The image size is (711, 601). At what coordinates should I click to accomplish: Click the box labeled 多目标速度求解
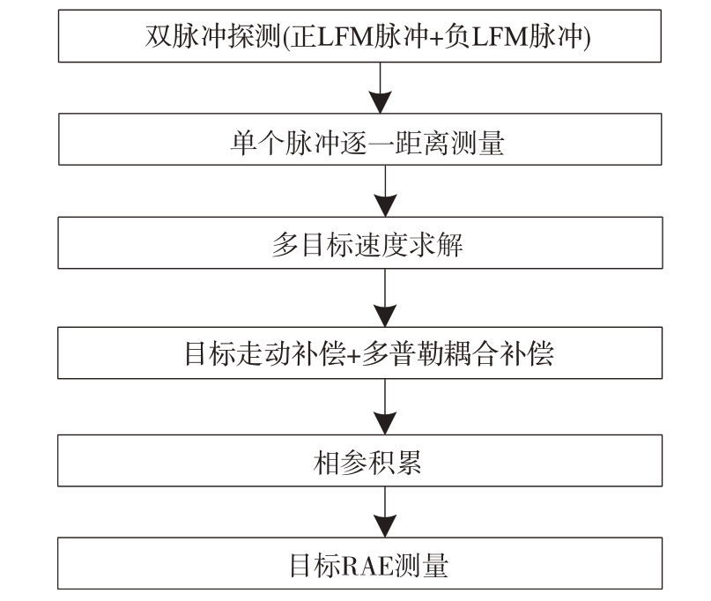(x=360, y=242)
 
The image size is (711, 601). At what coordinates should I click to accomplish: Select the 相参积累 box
(x=359, y=460)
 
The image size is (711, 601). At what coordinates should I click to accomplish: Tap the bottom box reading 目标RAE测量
(x=359, y=563)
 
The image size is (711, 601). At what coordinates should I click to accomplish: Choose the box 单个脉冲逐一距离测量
(x=360, y=139)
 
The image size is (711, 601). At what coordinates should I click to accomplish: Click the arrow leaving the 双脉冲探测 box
(x=380, y=87)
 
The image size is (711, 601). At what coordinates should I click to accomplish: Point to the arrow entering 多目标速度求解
(x=385, y=191)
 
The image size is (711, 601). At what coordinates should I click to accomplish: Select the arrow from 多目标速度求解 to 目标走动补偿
(x=385, y=298)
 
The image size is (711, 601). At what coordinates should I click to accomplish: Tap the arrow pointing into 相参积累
(x=385, y=406)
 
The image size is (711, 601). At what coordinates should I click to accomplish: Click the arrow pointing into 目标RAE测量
(x=385, y=512)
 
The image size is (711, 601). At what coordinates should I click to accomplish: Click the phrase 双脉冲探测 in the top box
(x=213, y=36)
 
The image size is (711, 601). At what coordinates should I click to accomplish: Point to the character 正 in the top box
(x=303, y=36)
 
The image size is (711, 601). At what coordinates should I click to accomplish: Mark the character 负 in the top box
(x=456, y=36)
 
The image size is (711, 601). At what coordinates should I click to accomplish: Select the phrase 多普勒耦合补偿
(x=457, y=353)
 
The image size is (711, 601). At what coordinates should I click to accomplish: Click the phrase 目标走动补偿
(x=265, y=353)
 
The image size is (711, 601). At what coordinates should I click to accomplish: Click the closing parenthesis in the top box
(x=587, y=37)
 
